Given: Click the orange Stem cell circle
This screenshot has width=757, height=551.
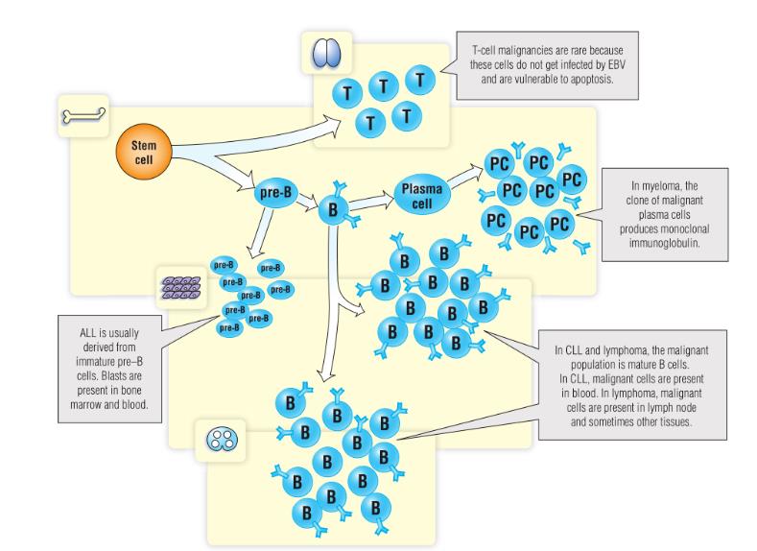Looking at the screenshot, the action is click(x=144, y=152).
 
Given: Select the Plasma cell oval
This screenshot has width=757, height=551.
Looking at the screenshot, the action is click(x=422, y=195).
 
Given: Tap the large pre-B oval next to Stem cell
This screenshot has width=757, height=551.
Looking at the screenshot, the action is click(x=275, y=193).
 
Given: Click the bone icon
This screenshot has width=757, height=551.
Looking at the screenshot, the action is click(x=83, y=115).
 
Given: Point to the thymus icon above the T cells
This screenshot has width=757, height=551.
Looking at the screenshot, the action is click(x=326, y=53).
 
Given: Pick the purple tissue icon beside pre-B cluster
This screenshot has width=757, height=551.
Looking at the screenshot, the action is click(x=181, y=288).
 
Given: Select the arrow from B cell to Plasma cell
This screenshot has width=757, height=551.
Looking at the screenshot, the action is click(x=370, y=202).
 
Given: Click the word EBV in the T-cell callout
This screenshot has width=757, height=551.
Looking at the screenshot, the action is click(x=616, y=64).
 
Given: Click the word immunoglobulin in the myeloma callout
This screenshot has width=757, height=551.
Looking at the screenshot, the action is click(x=664, y=244).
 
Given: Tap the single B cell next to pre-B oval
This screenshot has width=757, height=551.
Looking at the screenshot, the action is click(x=333, y=209).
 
